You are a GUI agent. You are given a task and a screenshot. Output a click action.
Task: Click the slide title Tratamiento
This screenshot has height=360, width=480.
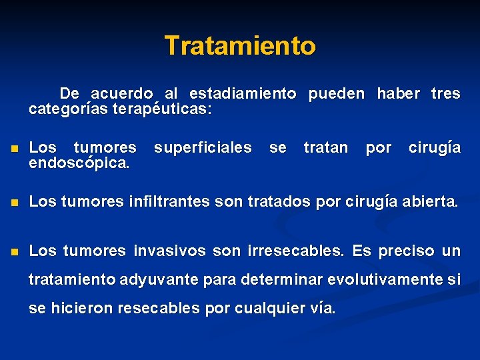[240, 46]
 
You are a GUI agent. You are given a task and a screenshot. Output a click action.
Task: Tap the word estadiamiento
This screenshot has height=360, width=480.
[243, 94]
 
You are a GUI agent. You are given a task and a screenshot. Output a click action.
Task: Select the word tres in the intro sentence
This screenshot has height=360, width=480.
[445, 94]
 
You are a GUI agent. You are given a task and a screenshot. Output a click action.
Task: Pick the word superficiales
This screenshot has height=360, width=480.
[203, 147]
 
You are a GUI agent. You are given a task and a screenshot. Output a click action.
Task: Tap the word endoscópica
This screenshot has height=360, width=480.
[80, 163]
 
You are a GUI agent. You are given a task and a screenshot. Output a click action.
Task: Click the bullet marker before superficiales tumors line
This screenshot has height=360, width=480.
[13, 149]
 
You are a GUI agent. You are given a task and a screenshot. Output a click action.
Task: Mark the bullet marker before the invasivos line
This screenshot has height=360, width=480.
[13, 251]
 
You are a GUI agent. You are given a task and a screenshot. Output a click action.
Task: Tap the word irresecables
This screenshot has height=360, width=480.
[295, 251]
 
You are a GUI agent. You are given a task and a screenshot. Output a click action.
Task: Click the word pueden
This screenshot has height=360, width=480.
[337, 94]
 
